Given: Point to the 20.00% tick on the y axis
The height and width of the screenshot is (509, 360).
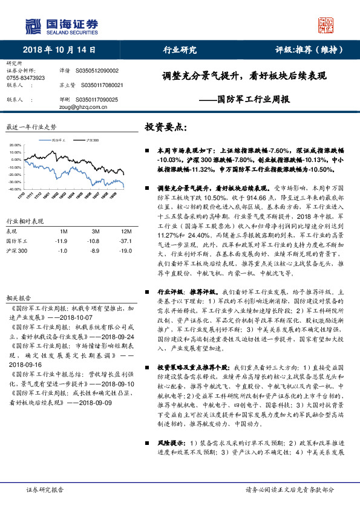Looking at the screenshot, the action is (15, 146).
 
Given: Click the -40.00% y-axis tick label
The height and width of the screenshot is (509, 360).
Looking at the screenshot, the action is (15, 189).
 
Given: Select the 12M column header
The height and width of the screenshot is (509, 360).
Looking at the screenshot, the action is (126, 232).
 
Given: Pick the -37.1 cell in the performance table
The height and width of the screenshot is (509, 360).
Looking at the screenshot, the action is (126, 241).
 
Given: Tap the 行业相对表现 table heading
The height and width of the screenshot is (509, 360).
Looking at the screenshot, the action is (25, 221).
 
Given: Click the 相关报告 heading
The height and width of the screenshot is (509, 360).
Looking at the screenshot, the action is (18, 299).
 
